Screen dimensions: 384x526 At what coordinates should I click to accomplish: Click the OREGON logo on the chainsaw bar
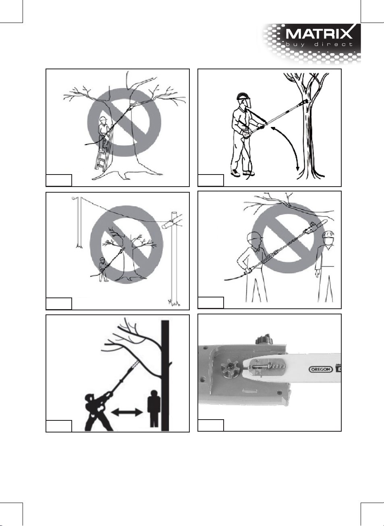pyautogui.click(x=321, y=369)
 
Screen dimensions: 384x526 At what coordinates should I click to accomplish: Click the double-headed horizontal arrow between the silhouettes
pyautogui.click(x=127, y=412)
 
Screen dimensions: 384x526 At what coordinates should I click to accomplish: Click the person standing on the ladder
pyautogui.click(x=104, y=130)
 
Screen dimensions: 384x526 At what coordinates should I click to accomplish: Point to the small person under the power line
pyautogui.click(x=102, y=269)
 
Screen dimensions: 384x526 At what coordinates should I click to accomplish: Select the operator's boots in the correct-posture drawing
pyautogui.click(x=242, y=173)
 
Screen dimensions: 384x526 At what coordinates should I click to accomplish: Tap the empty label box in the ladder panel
pyautogui.click(x=59, y=180)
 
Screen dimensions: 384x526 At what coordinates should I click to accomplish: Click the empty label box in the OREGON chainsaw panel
pyautogui.click(x=211, y=425)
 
